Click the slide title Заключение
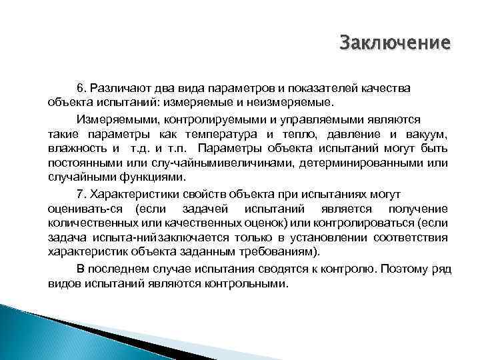[x=395, y=44]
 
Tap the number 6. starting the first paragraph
[x=82, y=88]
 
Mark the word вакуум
[x=427, y=133]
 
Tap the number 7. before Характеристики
[x=82, y=193]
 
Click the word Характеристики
[x=135, y=193]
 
